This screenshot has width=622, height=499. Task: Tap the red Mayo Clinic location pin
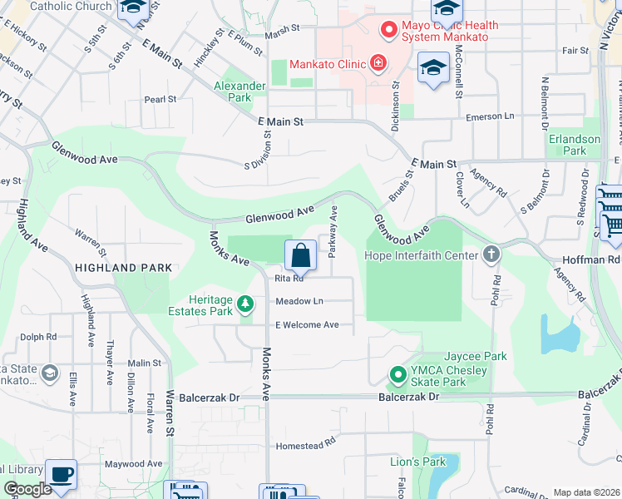click(x=388, y=32)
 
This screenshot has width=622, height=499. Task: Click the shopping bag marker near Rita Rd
click(x=300, y=256)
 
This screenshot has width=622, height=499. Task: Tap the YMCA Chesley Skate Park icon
click(x=397, y=376)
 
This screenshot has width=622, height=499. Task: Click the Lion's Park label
click(x=418, y=462)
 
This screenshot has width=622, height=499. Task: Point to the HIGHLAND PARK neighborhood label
click(x=123, y=268)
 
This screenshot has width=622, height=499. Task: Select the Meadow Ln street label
click(x=299, y=301)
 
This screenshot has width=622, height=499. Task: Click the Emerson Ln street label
click(x=490, y=117)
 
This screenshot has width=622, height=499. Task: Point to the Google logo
click(x=27, y=490)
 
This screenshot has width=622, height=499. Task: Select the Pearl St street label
click(x=160, y=99)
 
